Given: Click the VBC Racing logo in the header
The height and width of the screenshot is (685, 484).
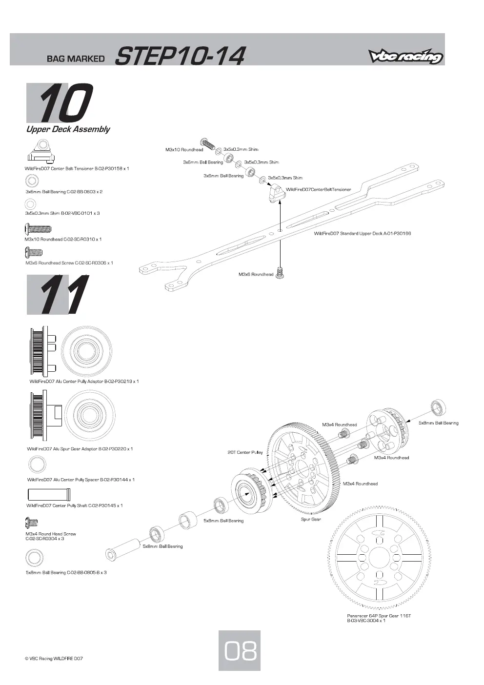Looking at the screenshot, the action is [405, 56].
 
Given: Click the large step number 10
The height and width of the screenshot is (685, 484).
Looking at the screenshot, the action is [60, 103].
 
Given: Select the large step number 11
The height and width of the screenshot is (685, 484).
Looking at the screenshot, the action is [58, 294].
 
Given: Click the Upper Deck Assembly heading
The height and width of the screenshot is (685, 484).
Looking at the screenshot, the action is [68, 129].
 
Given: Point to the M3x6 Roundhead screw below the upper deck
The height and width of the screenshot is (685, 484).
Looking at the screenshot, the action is [280, 273].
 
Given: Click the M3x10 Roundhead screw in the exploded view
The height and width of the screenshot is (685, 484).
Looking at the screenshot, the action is [208, 143].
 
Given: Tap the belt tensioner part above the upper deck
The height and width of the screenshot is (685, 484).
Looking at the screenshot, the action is [276, 193].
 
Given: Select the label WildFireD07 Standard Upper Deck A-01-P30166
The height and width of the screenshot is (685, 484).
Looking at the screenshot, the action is [363, 233].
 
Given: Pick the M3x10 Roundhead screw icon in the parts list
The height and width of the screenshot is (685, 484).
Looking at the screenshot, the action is [38, 228].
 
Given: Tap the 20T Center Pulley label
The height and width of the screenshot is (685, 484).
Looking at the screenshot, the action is [245, 452].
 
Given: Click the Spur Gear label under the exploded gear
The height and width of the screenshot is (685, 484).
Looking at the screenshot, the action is [311, 519].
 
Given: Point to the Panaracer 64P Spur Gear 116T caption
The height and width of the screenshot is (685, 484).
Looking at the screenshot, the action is [379, 618].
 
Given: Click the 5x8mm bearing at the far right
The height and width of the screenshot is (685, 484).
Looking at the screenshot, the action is [438, 408].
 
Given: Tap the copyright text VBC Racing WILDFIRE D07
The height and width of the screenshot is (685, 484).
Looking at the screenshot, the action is [54, 658].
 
